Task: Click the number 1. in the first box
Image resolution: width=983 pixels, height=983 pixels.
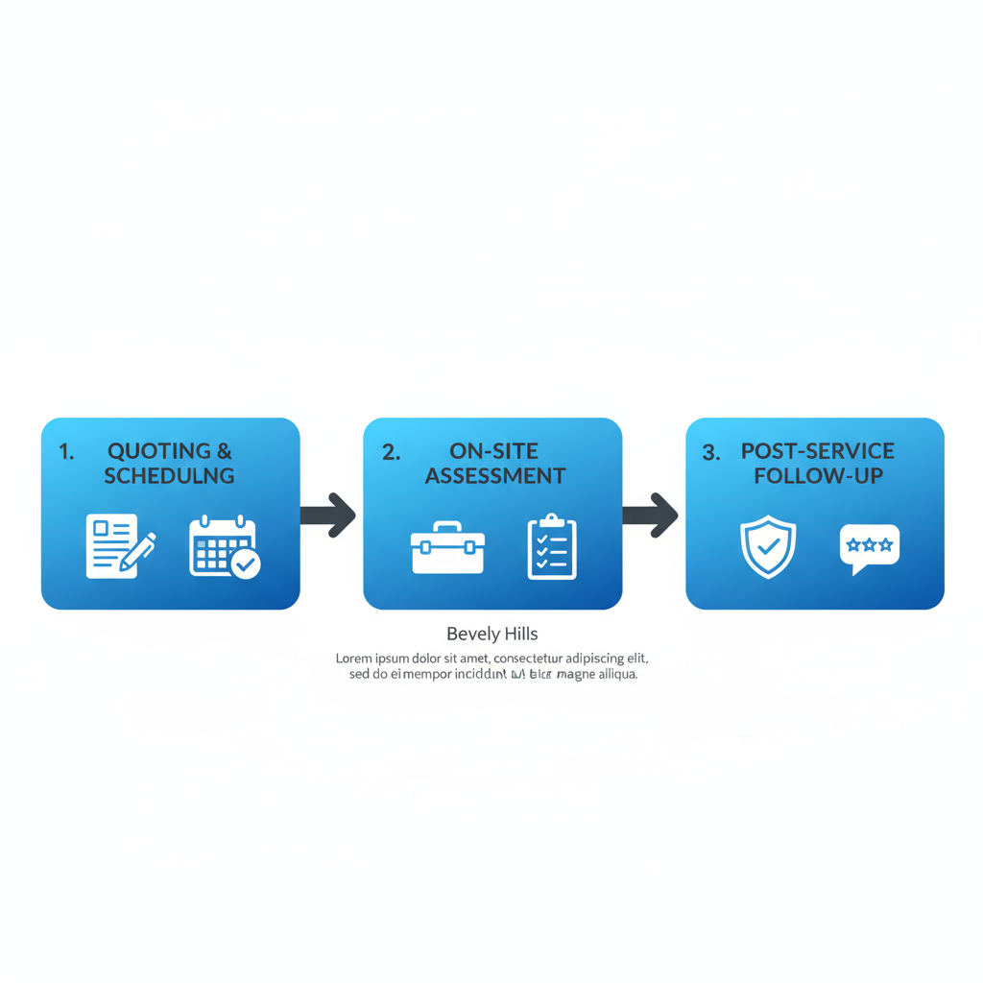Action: pyautogui.click(x=66, y=452)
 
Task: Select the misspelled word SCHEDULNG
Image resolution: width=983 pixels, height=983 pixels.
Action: pyautogui.click(x=169, y=475)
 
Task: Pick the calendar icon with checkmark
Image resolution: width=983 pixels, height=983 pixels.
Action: pyautogui.click(x=224, y=547)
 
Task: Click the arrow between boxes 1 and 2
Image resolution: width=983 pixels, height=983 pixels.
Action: pyautogui.click(x=328, y=515)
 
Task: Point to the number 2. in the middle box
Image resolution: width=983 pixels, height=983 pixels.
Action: pyautogui.click(x=391, y=452)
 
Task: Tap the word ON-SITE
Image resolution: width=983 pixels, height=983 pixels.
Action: pyautogui.click(x=494, y=451)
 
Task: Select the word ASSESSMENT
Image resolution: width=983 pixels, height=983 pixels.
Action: pyautogui.click(x=495, y=475)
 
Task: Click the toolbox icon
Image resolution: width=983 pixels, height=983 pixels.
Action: pyautogui.click(x=447, y=548)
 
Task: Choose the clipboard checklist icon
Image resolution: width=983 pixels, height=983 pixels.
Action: pyautogui.click(x=552, y=547)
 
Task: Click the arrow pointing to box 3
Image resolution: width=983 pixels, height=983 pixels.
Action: pyautogui.click(x=651, y=515)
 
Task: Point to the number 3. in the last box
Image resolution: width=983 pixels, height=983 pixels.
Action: pyautogui.click(x=710, y=452)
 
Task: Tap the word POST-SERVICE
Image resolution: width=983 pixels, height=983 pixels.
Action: pyautogui.click(x=817, y=451)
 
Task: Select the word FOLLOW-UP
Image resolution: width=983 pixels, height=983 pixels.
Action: pyautogui.click(x=818, y=475)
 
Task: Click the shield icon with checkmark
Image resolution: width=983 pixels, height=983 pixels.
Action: pyautogui.click(x=768, y=546)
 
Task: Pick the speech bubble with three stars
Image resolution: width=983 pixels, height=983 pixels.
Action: pyautogui.click(x=870, y=548)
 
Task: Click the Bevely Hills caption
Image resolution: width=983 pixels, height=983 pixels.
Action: pyautogui.click(x=491, y=635)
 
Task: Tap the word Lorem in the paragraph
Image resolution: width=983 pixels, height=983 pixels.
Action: pyautogui.click(x=354, y=659)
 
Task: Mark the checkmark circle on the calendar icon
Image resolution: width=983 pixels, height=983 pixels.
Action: pyautogui.click(x=245, y=563)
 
